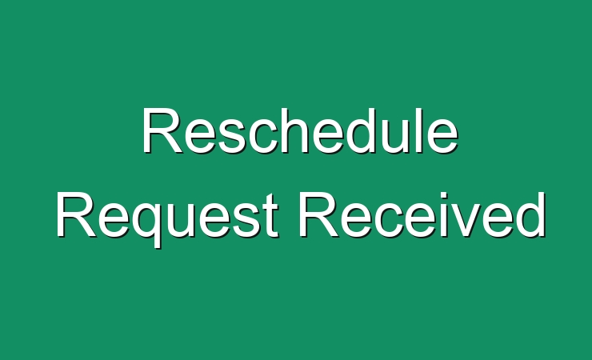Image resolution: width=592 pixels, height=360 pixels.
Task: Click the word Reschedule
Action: (300, 131)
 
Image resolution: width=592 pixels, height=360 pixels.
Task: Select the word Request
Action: (167, 219)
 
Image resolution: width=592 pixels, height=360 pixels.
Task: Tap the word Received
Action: (422, 214)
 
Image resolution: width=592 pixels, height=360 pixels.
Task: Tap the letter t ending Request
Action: (271, 217)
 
